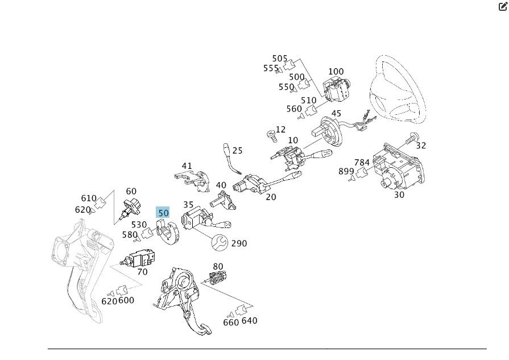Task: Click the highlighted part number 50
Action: [x=163, y=213]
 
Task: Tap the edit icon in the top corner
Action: [x=502, y=7]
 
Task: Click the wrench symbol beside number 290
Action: [x=219, y=243]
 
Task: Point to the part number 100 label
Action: [x=336, y=72]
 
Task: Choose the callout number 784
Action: [x=362, y=163]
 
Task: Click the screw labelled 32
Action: [x=411, y=137]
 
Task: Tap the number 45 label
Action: [x=336, y=114]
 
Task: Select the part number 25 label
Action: [x=237, y=151]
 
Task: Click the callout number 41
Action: [x=187, y=166]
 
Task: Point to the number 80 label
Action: [x=218, y=266]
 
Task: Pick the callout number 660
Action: [x=231, y=322]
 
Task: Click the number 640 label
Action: [x=249, y=321]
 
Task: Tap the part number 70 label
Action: [x=142, y=272]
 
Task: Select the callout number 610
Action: [x=89, y=198]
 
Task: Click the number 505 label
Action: [x=280, y=59]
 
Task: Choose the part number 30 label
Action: [x=399, y=195]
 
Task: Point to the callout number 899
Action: [x=346, y=171]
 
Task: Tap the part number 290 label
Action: [x=239, y=243]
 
